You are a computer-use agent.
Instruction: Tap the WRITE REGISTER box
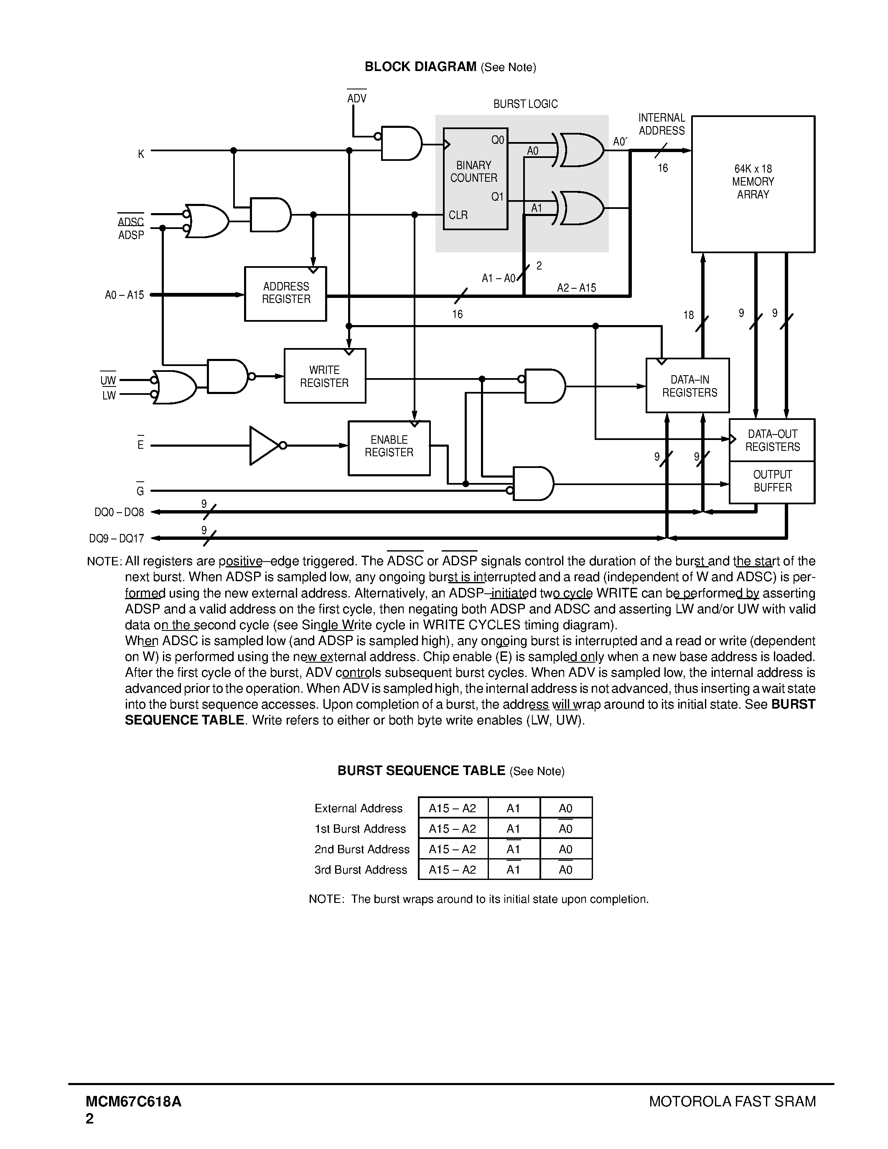click(325, 376)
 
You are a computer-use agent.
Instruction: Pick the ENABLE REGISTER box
click(389, 447)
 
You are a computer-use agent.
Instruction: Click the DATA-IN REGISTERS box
click(687, 386)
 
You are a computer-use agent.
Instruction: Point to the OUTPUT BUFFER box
click(772, 481)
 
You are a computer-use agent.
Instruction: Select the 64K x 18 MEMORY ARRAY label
click(753, 181)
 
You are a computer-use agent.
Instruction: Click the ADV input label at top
click(357, 98)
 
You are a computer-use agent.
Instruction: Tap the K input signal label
click(141, 154)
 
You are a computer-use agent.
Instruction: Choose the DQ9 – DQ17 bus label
click(116, 539)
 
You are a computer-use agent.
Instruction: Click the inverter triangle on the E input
click(264, 446)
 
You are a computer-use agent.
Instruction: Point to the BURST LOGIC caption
click(525, 104)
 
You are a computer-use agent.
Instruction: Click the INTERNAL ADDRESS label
click(662, 124)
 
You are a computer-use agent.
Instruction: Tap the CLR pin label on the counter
click(458, 215)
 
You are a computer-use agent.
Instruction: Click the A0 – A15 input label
click(124, 295)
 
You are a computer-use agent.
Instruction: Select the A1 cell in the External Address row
click(514, 808)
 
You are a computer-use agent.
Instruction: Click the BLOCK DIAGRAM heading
click(420, 67)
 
